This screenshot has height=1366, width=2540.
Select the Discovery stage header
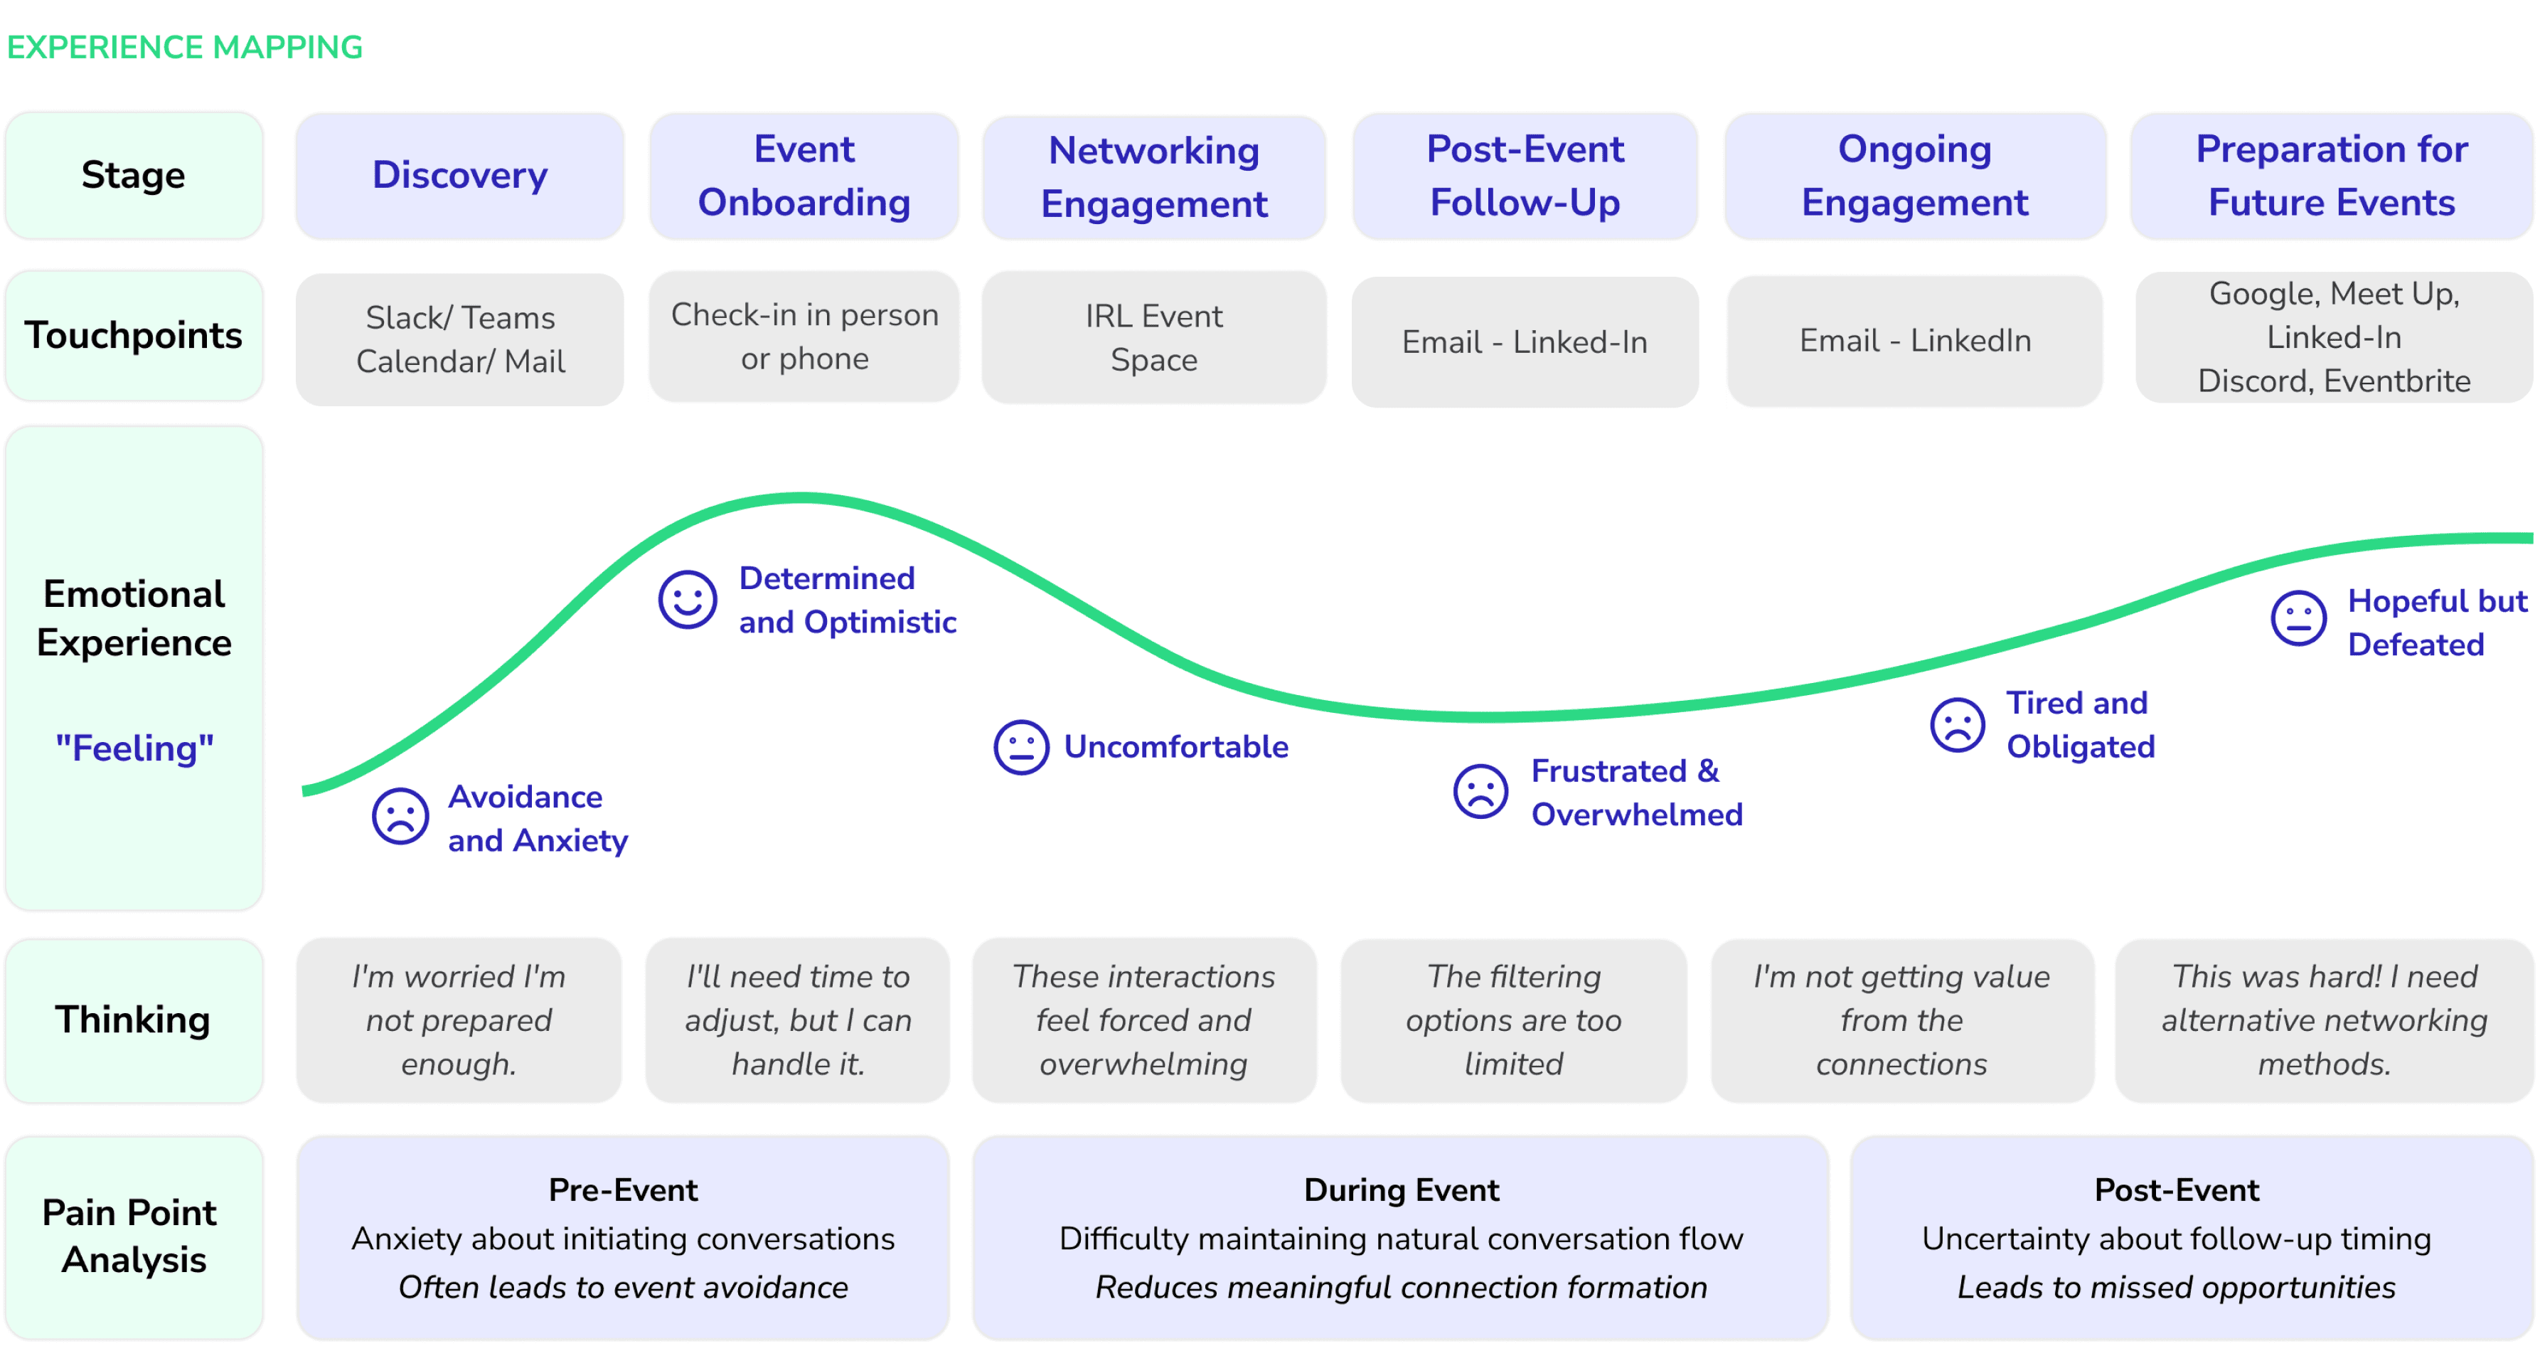[x=459, y=176]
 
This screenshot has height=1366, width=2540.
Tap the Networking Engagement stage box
[x=1153, y=176]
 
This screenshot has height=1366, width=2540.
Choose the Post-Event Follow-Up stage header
[x=1525, y=176]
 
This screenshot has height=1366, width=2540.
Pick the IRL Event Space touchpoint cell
[x=1153, y=337]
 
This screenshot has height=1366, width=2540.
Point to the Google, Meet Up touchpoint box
[x=2333, y=337]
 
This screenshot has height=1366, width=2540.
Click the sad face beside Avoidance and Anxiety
[x=400, y=815]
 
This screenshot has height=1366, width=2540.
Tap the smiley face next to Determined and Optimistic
[x=687, y=598]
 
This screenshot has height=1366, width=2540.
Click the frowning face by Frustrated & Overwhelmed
[x=1480, y=791]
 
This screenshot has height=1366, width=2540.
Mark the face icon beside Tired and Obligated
[x=1956, y=725]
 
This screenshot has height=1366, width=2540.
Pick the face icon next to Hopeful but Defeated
[x=2298, y=618]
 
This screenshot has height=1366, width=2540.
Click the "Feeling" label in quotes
[x=134, y=748]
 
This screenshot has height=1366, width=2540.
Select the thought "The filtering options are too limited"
[x=1514, y=1020]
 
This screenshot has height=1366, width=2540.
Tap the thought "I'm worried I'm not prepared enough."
[x=459, y=1020]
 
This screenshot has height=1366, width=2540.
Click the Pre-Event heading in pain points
[x=623, y=1190]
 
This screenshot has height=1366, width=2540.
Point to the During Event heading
[x=1401, y=1190]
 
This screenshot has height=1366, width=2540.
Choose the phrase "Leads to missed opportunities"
[x=2176, y=1287]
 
